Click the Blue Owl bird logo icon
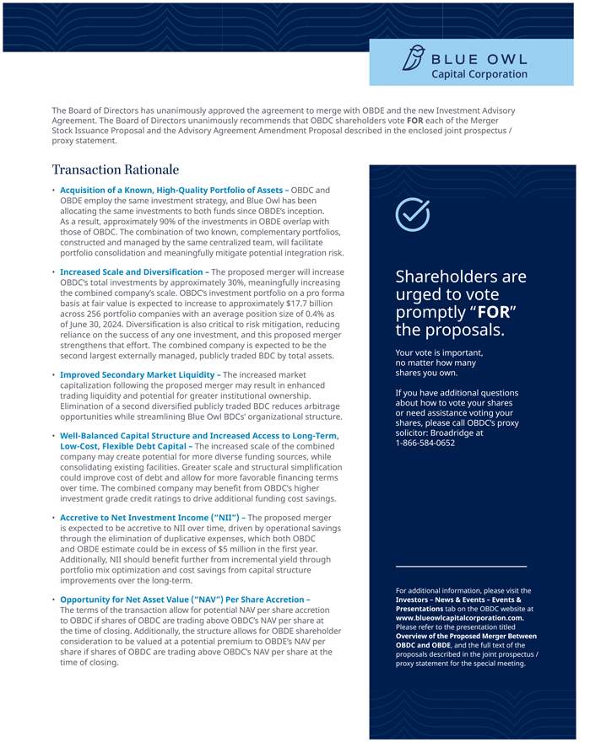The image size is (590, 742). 412,59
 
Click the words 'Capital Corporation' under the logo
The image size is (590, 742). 479,74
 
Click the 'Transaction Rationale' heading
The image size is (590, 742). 115,169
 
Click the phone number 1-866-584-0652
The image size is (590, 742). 425,443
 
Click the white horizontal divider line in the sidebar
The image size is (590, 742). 461,566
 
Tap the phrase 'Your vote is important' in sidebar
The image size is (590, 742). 438,352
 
